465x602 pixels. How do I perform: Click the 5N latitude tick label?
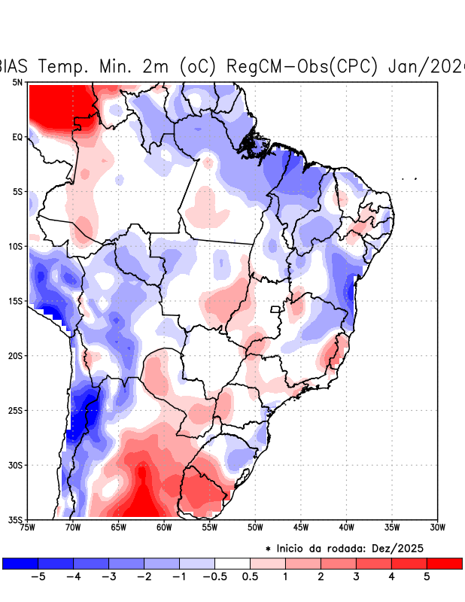point(17,82)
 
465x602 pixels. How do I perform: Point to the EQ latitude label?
point(17,137)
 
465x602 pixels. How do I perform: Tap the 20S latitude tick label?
point(15,355)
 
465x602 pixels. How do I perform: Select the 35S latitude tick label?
point(15,519)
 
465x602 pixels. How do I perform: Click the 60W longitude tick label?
point(164,528)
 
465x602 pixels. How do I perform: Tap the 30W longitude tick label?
point(437,528)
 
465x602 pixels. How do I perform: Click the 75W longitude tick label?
point(28,528)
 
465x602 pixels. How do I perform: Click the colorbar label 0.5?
point(250,576)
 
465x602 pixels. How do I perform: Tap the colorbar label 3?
point(356,576)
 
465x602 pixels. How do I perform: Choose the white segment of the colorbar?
point(232,563)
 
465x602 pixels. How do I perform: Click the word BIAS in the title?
point(16,65)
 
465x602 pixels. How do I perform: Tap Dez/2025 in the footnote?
point(412,549)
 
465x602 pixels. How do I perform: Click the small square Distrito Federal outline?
point(275,309)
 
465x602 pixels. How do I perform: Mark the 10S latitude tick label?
point(15,246)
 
